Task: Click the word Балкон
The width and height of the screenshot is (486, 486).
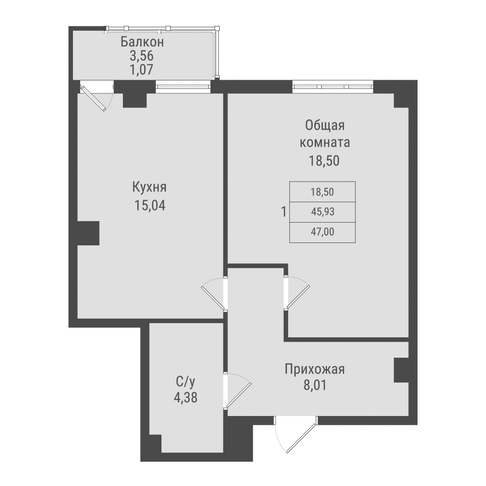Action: (142, 42)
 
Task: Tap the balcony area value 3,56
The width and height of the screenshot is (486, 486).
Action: (142, 56)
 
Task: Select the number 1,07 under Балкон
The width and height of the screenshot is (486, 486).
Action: (142, 69)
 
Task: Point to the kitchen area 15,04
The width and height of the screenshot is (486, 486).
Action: (150, 206)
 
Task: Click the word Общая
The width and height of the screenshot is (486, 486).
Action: (325, 126)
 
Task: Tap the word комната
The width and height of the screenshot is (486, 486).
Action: (325, 143)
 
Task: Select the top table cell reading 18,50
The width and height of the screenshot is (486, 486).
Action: (323, 192)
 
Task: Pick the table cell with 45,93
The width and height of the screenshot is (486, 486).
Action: (323, 212)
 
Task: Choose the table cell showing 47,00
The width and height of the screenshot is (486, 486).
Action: (323, 232)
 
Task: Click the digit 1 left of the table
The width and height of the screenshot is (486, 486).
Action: (283, 212)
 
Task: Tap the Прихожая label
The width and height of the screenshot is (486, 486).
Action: (315, 370)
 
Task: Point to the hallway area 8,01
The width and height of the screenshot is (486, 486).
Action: (315, 387)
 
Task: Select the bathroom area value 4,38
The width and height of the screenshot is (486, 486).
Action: (185, 398)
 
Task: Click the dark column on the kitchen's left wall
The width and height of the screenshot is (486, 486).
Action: (88, 233)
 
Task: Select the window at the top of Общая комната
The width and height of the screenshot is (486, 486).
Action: (333, 87)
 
